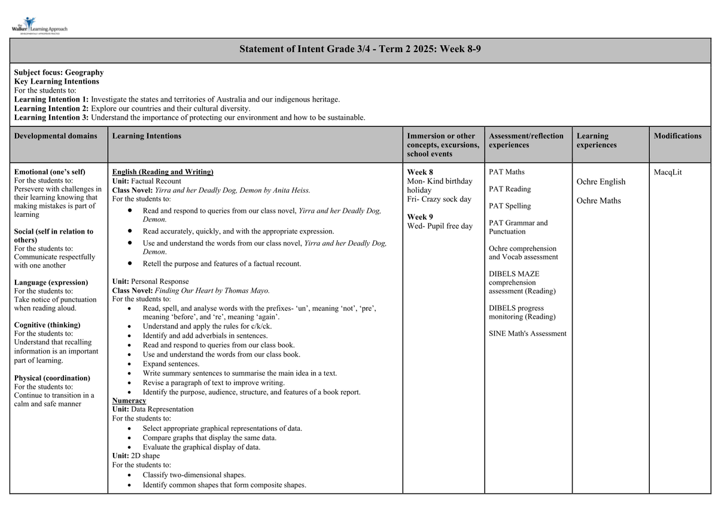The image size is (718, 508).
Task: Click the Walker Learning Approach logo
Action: [x=39, y=26]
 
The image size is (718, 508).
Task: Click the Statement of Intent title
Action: [x=360, y=49]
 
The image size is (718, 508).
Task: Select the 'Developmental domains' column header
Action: [x=55, y=136]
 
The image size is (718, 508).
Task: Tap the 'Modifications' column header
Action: [x=677, y=136]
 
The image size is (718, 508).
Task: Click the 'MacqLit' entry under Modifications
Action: [x=668, y=173]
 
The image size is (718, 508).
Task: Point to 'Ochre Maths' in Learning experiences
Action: [x=598, y=201]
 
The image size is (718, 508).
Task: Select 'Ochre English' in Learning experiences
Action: [x=601, y=182]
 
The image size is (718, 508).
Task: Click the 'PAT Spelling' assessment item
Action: [x=509, y=206]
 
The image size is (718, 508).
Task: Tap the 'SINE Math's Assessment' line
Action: [x=527, y=334]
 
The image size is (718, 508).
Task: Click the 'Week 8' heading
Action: [x=419, y=173]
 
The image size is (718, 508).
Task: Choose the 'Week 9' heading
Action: [x=419, y=217]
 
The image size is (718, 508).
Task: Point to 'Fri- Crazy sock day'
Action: [x=439, y=199]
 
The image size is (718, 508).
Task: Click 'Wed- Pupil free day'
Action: [x=440, y=226]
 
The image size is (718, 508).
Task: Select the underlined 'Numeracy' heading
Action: [x=129, y=400]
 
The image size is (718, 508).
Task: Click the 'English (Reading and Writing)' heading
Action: [x=163, y=172]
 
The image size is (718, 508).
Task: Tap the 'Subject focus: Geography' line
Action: [x=59, y=72]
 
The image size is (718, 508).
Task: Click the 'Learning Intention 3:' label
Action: [x=51, y=117]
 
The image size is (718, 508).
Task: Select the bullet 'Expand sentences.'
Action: [x=171, y=364]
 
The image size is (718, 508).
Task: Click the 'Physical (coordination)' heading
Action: [x=52, y=378]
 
